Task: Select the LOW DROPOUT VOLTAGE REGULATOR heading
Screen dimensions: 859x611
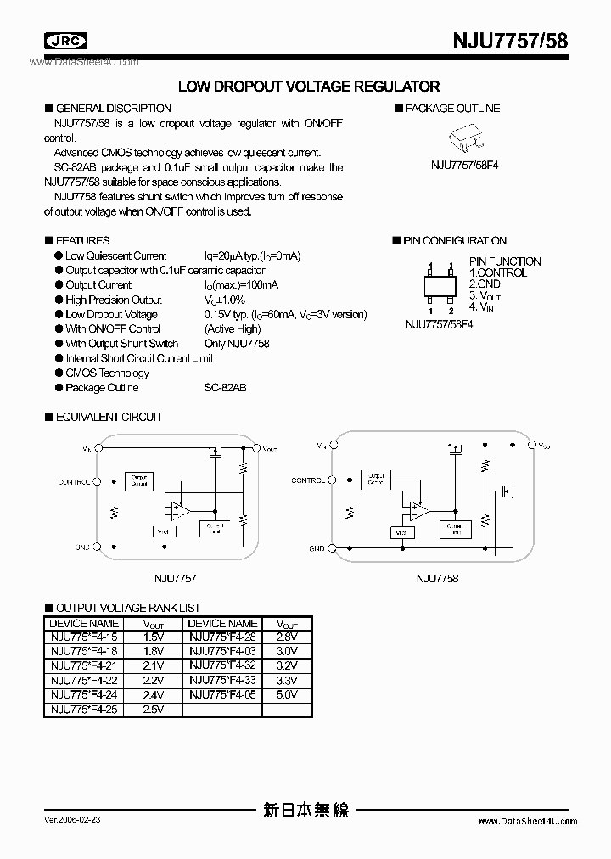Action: (308, 86)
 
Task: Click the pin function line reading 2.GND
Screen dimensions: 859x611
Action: (485, 284)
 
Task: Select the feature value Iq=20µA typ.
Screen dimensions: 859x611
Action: (253, 255)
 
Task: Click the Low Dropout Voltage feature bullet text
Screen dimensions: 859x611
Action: (111, 314)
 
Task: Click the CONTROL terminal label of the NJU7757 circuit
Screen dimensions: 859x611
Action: (74, 481)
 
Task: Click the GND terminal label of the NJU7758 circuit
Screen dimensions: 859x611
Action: (317, 548)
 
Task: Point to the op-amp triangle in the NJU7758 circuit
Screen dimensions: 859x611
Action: (418, 510)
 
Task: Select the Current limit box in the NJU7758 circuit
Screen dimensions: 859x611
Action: (456, 529)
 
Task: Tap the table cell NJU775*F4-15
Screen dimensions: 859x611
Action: (84, 636)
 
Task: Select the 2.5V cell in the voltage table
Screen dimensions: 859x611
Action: (153, 709)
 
